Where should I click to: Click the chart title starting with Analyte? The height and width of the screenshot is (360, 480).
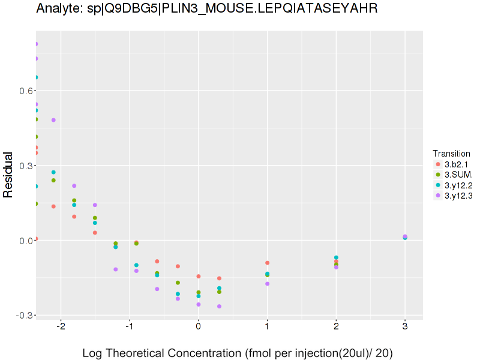pyautogui.click(x=206, y=9)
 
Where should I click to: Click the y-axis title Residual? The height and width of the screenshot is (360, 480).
pyautogui.click(x=8, y=175)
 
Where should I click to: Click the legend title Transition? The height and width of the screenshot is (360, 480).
pyautogui.click(x=451, y=154)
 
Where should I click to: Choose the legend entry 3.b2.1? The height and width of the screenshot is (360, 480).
pyautogui.click(x=456, y=164)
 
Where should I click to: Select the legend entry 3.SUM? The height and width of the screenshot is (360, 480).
pyautogui.click(x=458, y=175)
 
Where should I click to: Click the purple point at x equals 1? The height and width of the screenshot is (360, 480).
pyautogui.click(x=267, y=284)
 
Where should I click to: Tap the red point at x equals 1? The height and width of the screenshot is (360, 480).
pyautogui.click(x=267, y=263)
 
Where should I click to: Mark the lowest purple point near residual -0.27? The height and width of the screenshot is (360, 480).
pyautogui.click(x=219, y=307)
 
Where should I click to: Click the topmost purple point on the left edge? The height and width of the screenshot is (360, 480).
pyautogui.click(x=36, y=44)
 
